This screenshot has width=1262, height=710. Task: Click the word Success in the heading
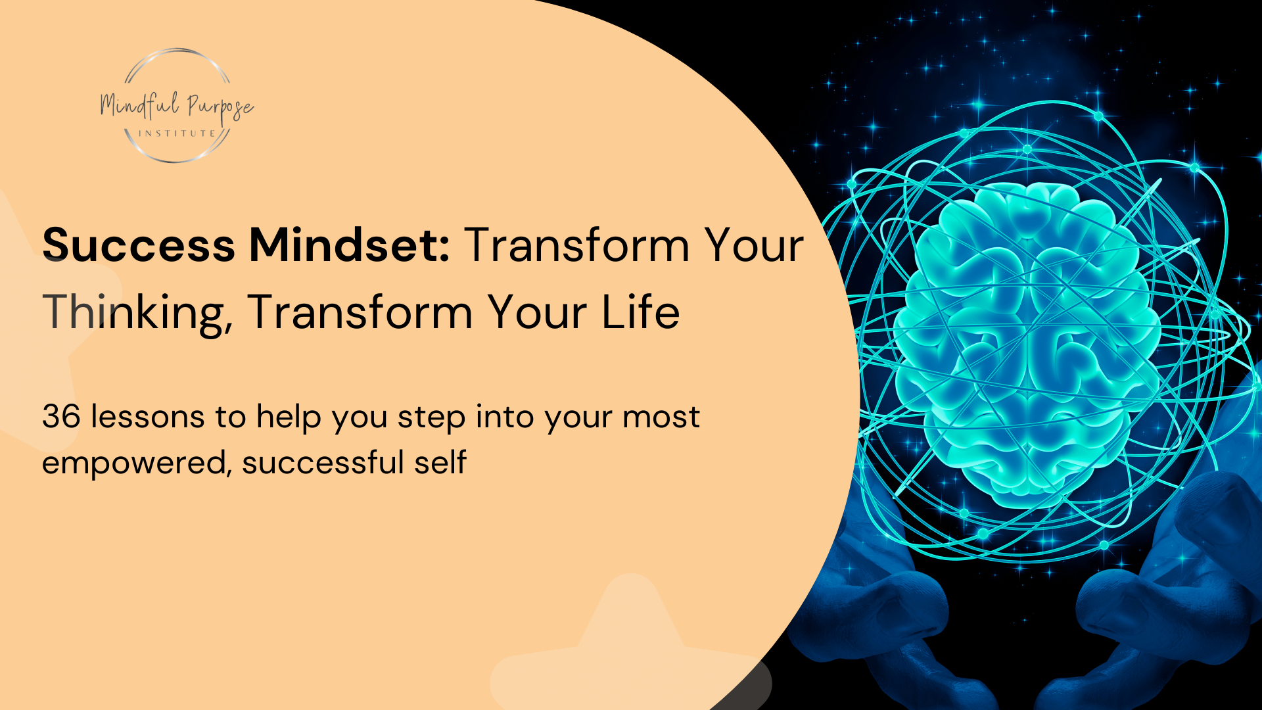(x=139, y=245)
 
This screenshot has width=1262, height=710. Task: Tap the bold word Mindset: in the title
(x=349, y=245)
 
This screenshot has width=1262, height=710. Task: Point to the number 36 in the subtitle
(x=60, y=417)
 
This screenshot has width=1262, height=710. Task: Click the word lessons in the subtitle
(x=147, y=417)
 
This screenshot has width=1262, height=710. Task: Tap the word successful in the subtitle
(x=322, y=462)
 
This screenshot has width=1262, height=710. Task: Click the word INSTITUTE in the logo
(x=177, y=133)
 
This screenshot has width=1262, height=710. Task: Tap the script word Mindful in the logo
(x=139, y=105)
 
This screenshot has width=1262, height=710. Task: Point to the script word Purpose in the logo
(x=220, y=106)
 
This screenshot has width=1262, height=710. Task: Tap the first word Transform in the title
(x=576, y=245)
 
